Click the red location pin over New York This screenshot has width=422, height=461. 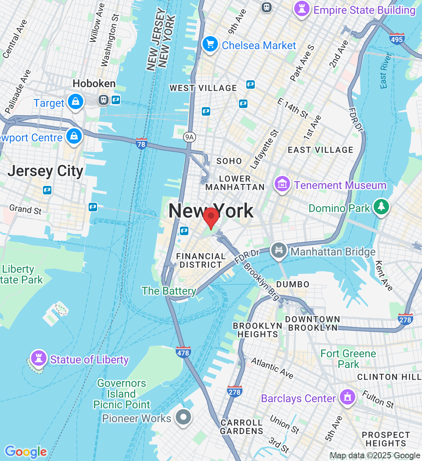click(211, 217)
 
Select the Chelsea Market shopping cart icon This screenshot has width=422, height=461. click(210, 44)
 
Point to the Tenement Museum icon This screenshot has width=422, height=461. click(282, 184)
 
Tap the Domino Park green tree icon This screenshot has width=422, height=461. click(381, 207)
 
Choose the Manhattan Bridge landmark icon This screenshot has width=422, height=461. click(279, 250)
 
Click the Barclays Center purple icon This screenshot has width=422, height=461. click(348, 397)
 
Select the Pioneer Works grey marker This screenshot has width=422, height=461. click(183, 417)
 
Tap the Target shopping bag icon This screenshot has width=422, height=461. click(76, 102)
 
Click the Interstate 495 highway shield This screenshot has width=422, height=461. click(396, 39)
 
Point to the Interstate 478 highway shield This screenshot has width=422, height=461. click(183, 352)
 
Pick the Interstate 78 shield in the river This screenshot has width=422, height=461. click(141, 143)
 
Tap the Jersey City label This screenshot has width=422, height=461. click(45, 171)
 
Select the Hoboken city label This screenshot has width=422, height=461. click(94, 83)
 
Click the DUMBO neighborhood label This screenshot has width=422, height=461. click(293, 284)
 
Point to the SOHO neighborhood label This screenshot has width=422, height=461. click(229, 161)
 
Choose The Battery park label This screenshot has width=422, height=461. click(169, 291)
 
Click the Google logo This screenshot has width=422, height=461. click(26, 452)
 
